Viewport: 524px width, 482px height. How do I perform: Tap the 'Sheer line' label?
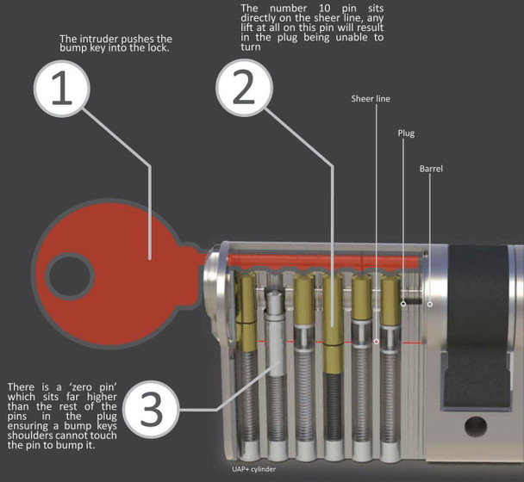click(371, 99)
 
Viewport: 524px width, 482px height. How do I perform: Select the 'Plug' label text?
click(406, 134)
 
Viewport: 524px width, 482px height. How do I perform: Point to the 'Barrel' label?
click(431, 169)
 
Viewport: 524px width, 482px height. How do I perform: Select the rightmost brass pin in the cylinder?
click(390, 306)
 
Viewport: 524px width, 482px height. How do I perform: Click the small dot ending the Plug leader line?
click(403, 302)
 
